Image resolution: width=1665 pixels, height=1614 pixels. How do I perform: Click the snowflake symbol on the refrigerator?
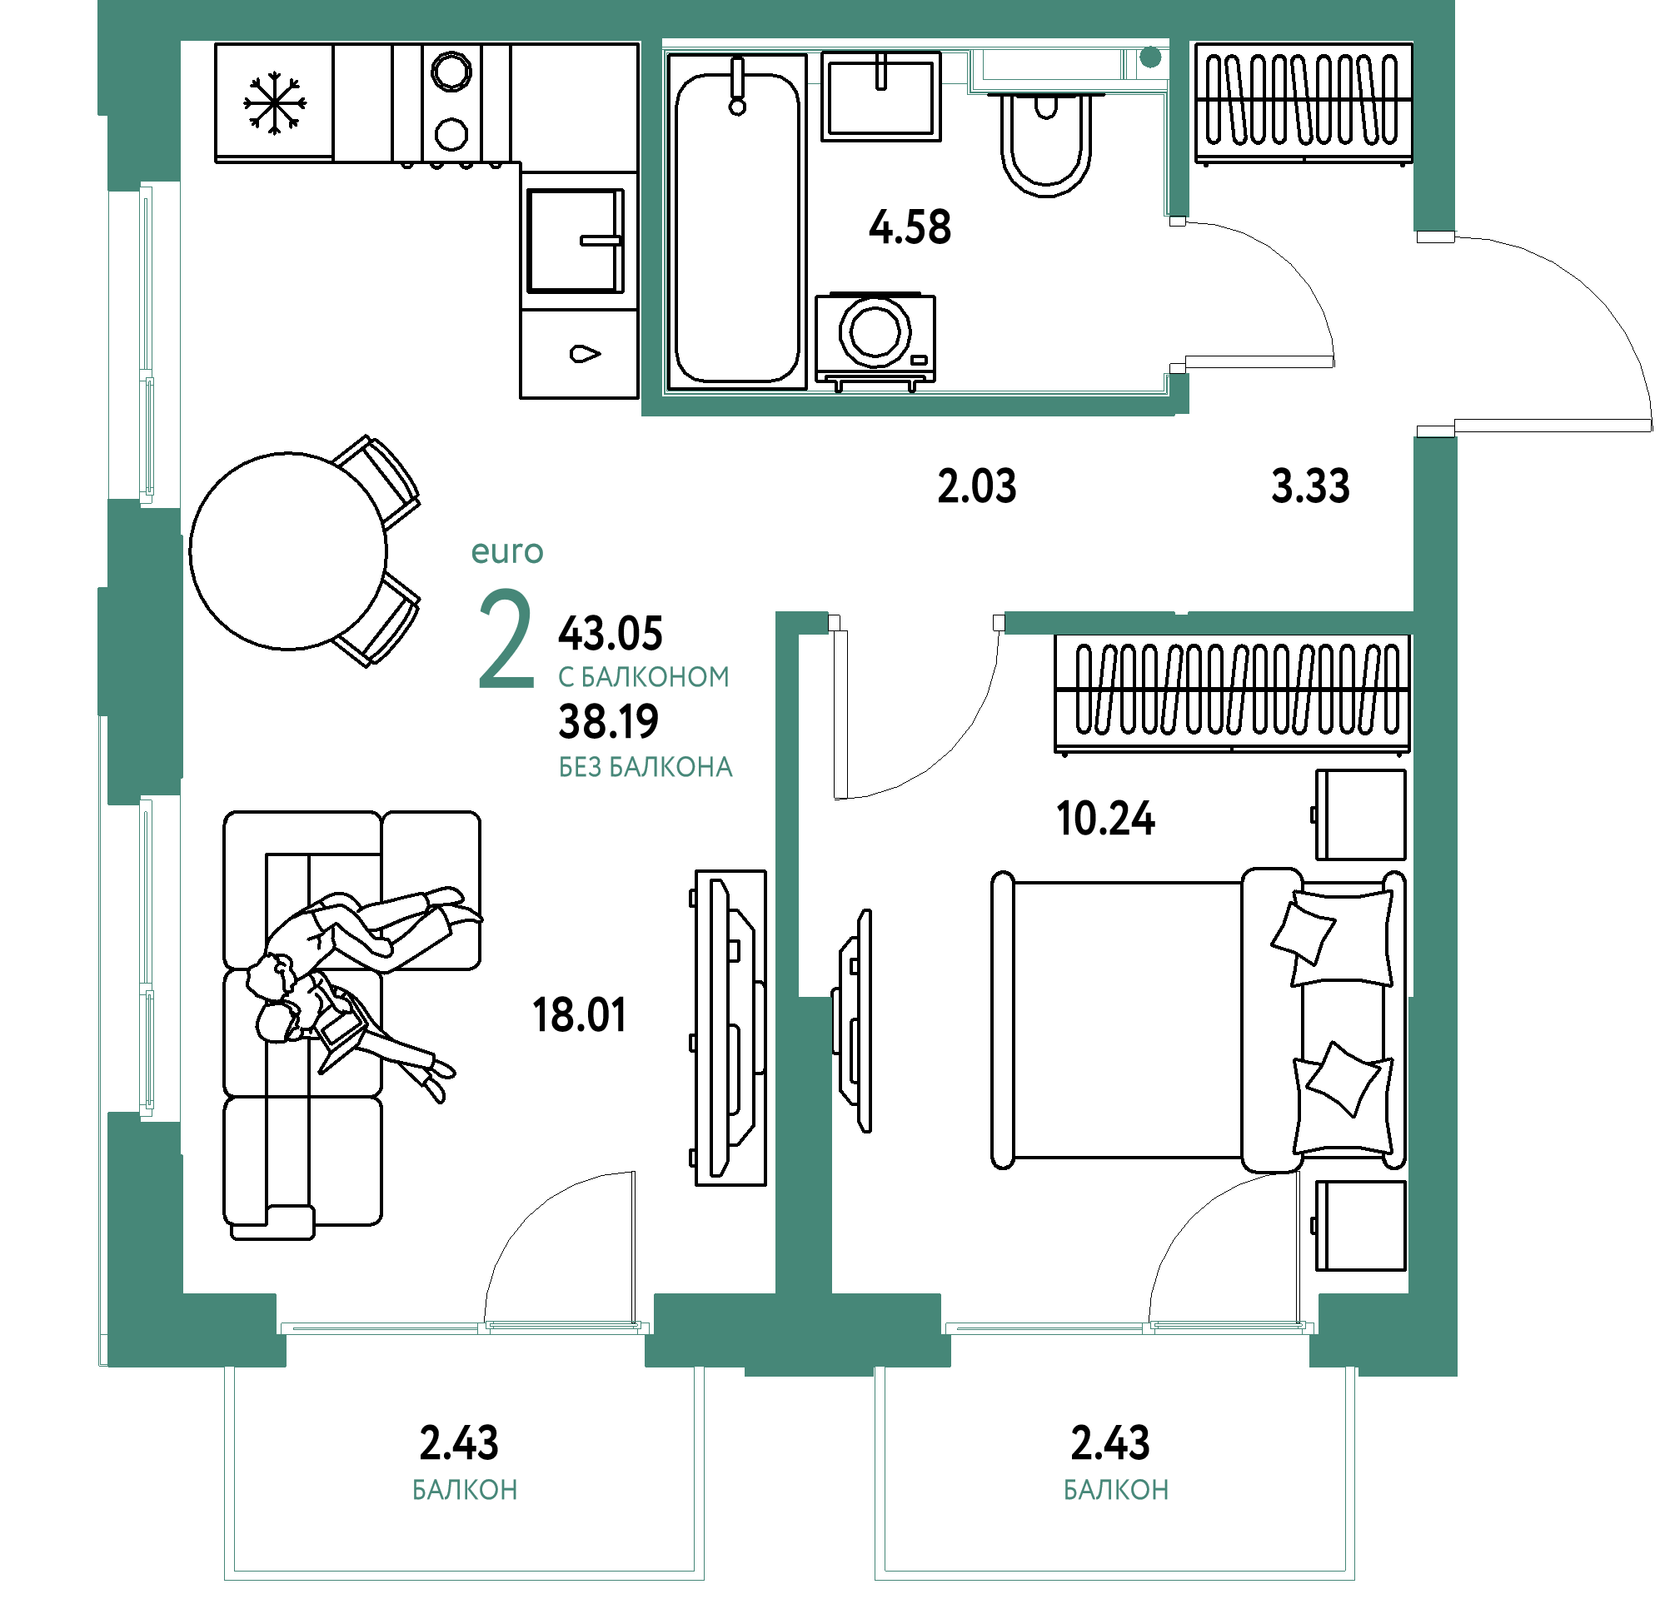click(x=274, y=102)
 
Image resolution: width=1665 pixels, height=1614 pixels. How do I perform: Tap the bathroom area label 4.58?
click(x=910, y=227)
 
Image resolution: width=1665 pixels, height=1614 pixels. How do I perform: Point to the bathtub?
click(x=736, y=222)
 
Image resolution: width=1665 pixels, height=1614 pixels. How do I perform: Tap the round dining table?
click(x=288, y=551)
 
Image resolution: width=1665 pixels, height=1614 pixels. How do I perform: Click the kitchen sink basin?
click(x=576, y=242)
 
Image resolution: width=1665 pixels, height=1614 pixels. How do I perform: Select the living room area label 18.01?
click(x=580, y=1015)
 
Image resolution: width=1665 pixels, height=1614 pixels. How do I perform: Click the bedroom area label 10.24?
click(x=1105, y=819)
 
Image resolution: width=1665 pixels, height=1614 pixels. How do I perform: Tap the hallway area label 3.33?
click(x=1310, y=486)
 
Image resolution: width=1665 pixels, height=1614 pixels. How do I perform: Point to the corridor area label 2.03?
click(x=977, y=486)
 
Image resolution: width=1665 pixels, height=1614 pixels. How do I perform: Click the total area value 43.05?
click(x=610, y=634)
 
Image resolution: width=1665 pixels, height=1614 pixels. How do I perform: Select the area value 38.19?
click(x=608, y=722)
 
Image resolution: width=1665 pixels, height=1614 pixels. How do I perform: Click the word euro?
click(x=507, y=552)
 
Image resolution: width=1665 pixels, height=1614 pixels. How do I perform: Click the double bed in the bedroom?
click(x=1199, y=1020)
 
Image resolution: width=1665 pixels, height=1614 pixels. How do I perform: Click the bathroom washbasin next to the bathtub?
click(x=881, y=96)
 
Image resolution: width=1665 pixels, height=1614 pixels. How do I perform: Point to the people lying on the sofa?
click(x=356, y=985)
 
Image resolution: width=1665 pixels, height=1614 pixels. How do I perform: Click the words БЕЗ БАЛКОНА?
click(x=645, y=768)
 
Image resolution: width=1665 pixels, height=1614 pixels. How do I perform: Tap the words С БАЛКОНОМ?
click(x=644, y=677)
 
